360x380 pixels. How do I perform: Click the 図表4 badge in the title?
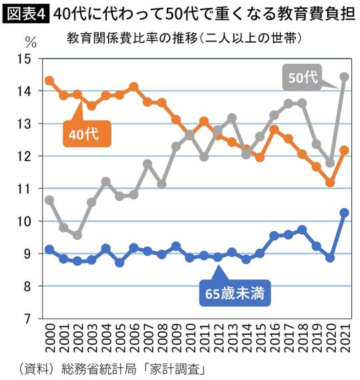26,13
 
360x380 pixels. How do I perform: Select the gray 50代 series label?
303,77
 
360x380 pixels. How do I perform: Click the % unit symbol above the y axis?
31,41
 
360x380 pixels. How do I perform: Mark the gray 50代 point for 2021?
345,77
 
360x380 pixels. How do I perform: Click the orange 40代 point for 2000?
49,81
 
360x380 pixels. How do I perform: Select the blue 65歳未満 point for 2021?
345,213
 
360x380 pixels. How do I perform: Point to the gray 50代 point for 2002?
77,235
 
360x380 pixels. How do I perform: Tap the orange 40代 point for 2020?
330,182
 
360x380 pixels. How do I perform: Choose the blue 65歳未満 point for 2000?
49,249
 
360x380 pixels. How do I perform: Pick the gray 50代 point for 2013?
232,118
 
